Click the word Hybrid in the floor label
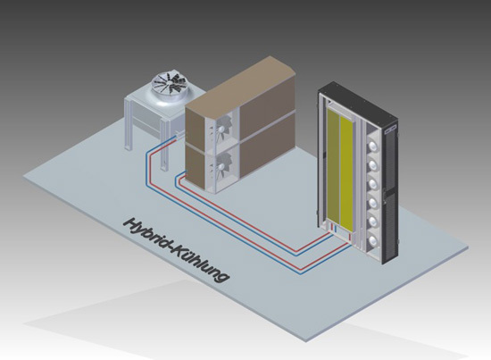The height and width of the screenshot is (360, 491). (149, 235)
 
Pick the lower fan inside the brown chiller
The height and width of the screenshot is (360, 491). (221, 163)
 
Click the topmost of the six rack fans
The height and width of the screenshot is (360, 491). (372, 146)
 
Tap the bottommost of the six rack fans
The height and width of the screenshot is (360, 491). (372, 240)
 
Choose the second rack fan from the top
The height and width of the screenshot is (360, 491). (372, 164)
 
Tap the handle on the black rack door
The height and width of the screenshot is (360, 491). (385, 195)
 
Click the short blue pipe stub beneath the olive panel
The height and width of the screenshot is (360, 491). (336, 229)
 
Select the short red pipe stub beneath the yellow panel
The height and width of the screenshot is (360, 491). (347, 239)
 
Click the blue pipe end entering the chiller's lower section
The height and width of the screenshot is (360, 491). (183, 173)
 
